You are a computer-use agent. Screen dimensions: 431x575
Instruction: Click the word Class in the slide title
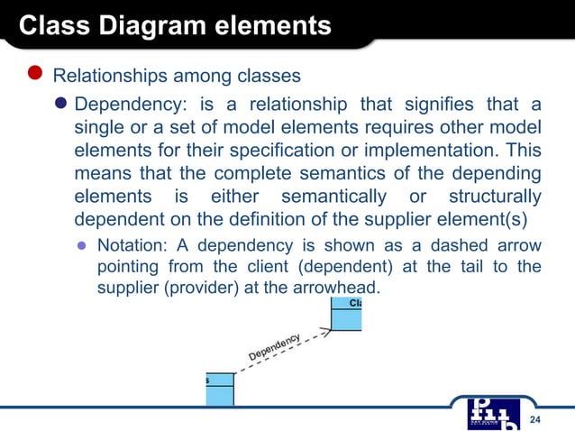coord(50,25)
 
